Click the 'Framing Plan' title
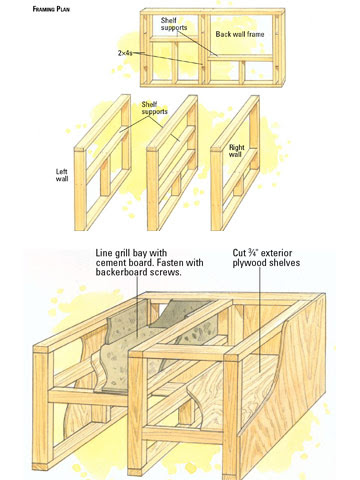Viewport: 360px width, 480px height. tap(51, 9)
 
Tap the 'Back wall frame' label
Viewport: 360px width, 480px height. tap(240, 34)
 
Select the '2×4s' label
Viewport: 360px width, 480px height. tap(125, 53)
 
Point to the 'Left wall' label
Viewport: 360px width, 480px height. tap(62, 175)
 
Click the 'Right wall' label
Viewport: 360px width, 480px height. tap(237, 151)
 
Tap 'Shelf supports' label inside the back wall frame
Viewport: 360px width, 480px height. tap(174, 24)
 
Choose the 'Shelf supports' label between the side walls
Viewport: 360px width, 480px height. tap(154, 108)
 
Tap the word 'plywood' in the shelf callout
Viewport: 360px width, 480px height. tap(248, 263)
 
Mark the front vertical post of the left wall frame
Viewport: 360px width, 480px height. tap(80, 190)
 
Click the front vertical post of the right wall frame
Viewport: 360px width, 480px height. tap(216, 190)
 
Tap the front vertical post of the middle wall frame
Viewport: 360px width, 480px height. tap(153, 190)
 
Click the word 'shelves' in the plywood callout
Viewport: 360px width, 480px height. tap(283, 263)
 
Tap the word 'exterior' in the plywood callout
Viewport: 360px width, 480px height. tap(276, 253)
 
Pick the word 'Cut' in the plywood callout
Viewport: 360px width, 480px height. tap(239, 253)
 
